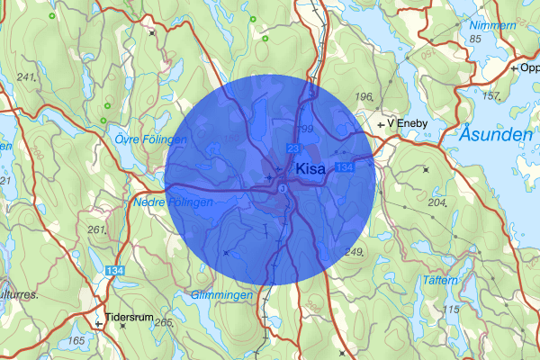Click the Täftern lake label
click(440, 281)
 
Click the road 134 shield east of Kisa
click(344, 168)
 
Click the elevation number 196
click(364, 97)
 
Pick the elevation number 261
click(96, 229)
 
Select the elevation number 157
click(490, 95)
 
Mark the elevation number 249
click(353, 250)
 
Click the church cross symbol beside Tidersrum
click(99, 319)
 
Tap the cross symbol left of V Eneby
click(381, 122)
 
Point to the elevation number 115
click(452, 310)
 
